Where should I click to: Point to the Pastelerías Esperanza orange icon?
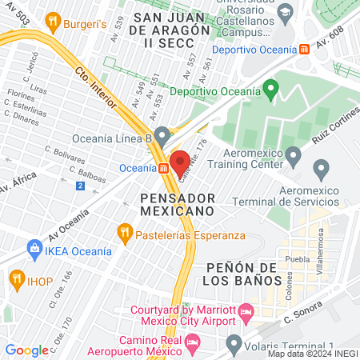(124, 234)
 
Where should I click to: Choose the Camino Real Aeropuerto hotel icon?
(192, 342)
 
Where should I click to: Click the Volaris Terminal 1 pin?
(234, 345)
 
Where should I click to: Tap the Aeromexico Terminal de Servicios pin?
(322, 169)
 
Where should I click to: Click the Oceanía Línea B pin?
(163, 134)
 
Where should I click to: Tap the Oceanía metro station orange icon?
(163, 168)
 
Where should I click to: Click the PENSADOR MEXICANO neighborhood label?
(177, 203)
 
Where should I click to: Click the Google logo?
(26, 350)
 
